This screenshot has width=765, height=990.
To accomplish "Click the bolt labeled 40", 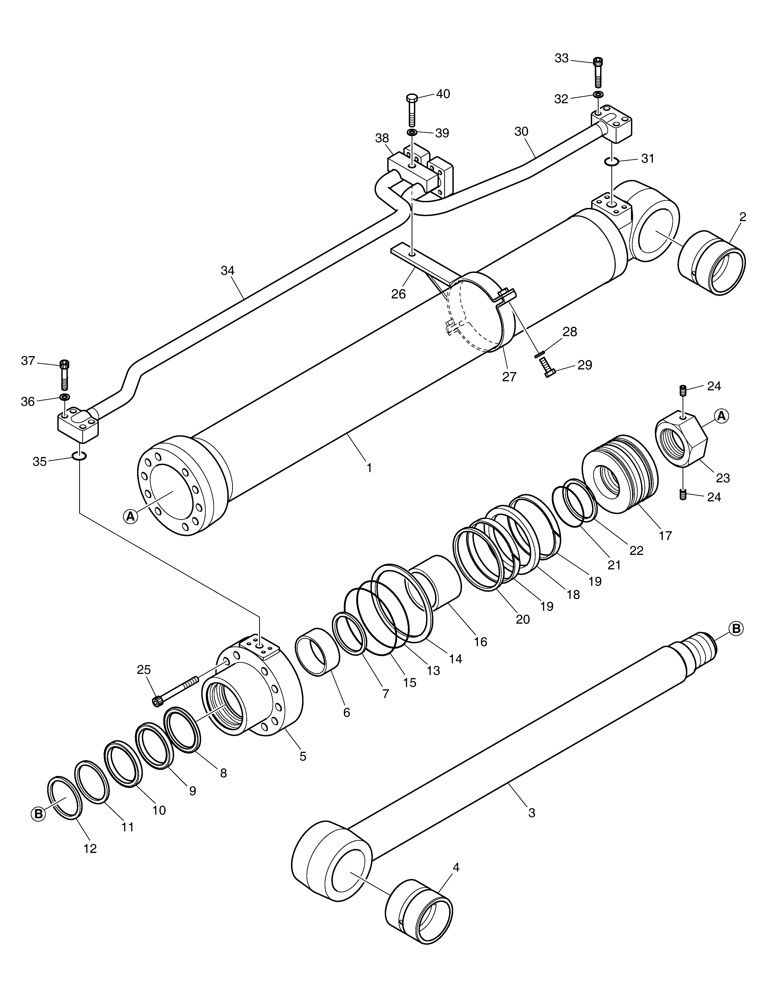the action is [412, 110].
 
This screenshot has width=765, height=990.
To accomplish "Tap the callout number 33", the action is [561, 58].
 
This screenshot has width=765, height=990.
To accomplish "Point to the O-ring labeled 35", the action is [79, 455].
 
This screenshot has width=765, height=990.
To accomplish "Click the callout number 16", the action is [480, 642].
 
